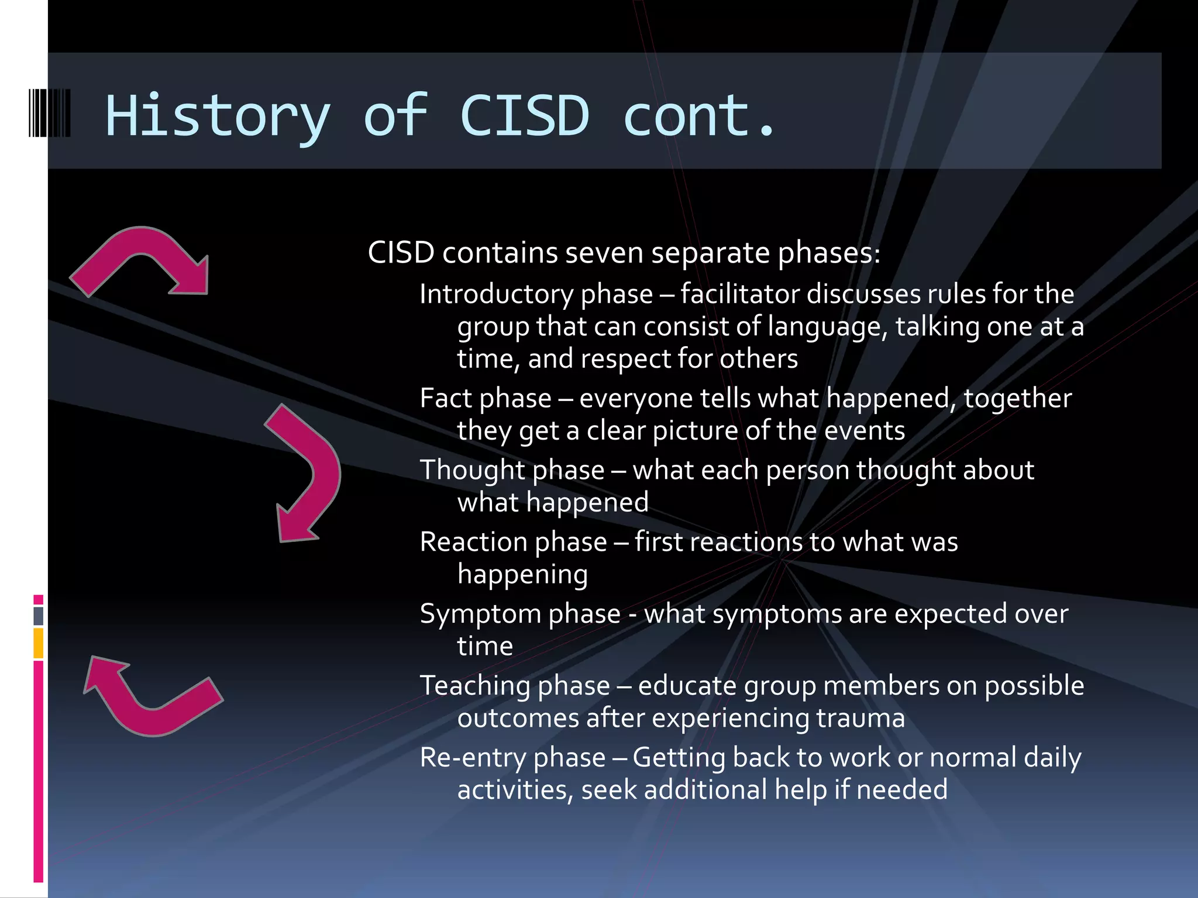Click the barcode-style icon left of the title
[x=50, y=113]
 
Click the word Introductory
[x=497, y=293]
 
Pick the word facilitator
[x=739, y=293]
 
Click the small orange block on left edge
[x=39, y=643]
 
